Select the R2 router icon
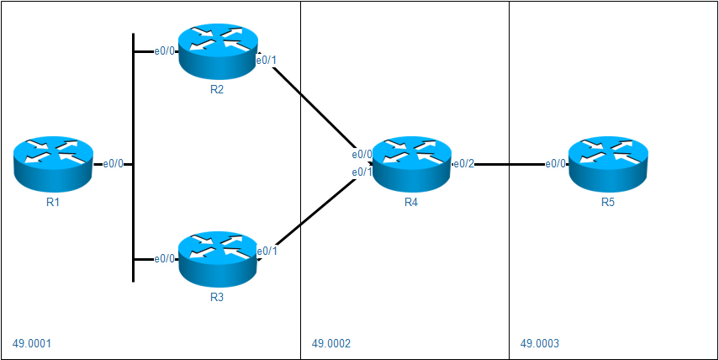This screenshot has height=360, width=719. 217,52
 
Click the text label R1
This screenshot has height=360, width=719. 53,203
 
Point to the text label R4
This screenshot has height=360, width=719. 411,203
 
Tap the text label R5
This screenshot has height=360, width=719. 608,203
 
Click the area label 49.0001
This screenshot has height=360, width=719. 33,343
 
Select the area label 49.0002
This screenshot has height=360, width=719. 331,343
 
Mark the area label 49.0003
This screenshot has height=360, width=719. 540,343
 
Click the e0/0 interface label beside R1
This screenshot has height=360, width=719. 114,164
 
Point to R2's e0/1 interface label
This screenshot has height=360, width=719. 267,61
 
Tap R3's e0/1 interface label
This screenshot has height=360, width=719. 267,251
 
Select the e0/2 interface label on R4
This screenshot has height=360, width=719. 464,164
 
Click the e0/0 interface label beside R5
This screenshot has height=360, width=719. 556,164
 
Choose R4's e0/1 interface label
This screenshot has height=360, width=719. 362,172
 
